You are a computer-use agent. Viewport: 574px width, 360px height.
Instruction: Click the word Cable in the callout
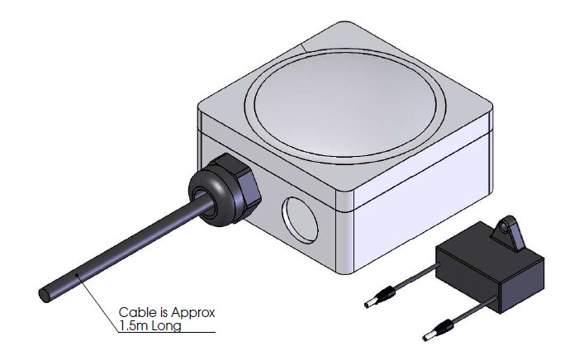(136, 313)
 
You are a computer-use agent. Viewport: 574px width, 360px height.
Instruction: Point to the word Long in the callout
(167, 325)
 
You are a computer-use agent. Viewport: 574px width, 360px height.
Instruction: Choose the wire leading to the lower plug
(471, 318)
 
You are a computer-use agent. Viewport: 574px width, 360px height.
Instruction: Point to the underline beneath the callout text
(165, 332)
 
